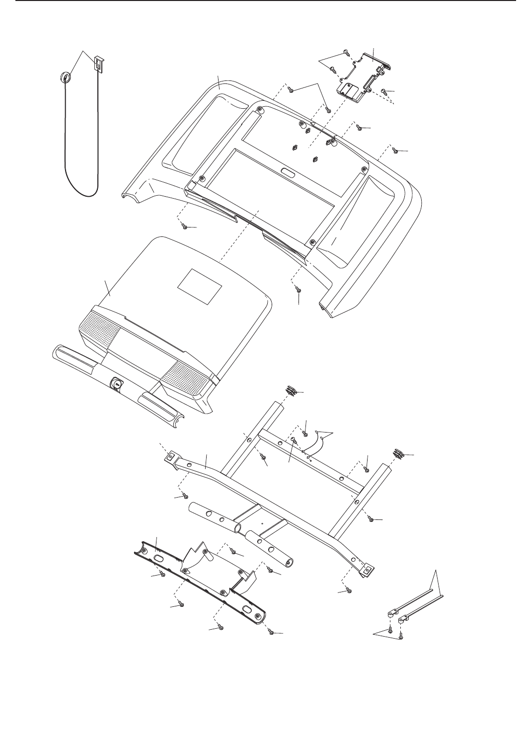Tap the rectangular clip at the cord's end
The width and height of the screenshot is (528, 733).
point(99,64)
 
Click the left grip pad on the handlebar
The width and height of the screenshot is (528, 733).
point(75,360)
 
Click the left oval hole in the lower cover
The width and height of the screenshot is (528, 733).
point(158,558)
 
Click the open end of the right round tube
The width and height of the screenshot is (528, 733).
point(289,562)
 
